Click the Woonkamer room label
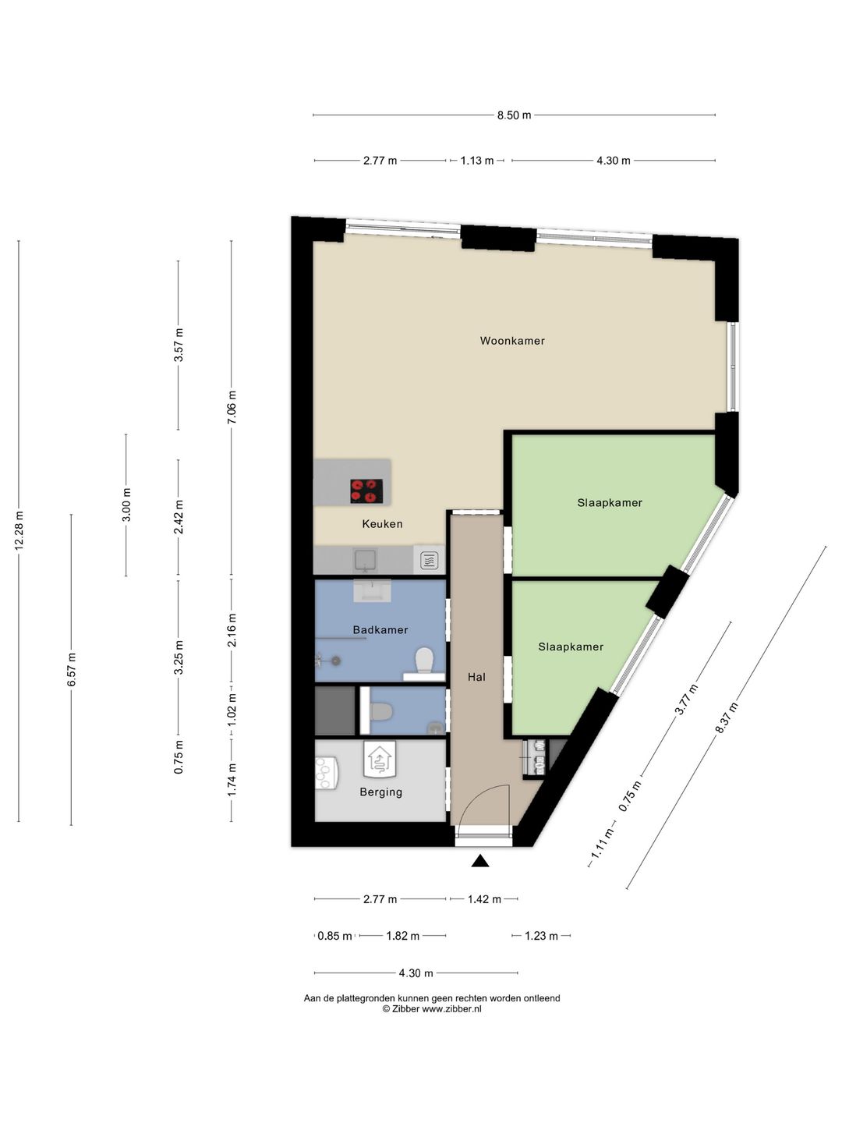coord(511,341)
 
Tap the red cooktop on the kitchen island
coord(366,491)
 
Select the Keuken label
coord(382,524)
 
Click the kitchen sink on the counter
coord(366,560)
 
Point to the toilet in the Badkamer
coord(424,661)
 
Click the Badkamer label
coord(380,630)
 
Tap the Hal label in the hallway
coord(476,677)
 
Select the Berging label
coord(381,792)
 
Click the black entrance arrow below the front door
coord(480,862)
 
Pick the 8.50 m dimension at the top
coord(515,115)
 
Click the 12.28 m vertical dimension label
coord(19,531)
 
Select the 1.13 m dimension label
coord(477,161)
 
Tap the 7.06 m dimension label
coord(232,407)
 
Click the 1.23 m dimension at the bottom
coord(541,937)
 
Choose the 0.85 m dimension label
coord(335,937)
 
